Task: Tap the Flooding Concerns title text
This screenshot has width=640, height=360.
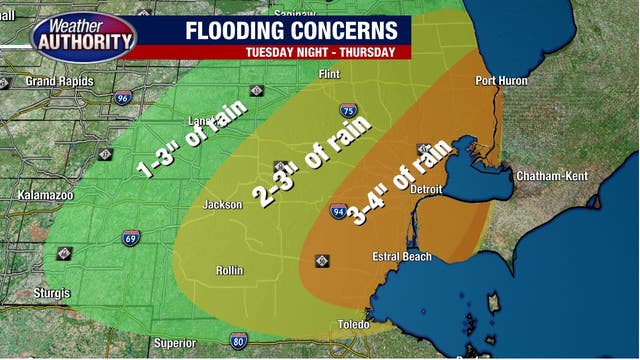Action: [290, 30]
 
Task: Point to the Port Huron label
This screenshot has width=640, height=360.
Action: [500, 80]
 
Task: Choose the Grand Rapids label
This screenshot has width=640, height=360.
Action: [56, 81]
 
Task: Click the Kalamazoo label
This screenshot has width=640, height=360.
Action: [46, 196]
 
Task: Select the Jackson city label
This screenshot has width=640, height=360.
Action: [223, 205]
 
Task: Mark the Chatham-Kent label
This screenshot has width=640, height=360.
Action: [552, 176]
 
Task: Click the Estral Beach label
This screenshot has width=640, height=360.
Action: [402, 257]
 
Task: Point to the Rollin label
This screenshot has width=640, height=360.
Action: [229, 271]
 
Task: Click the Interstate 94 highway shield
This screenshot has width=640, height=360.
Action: [339, 211]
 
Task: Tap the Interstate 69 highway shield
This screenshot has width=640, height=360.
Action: [131, 238]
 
